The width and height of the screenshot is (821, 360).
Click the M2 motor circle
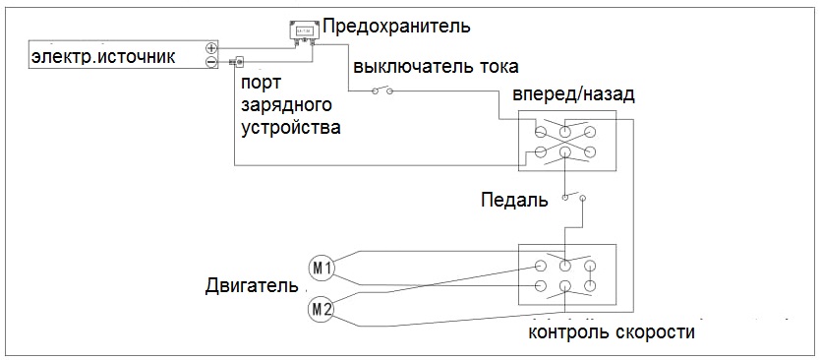[x=321, y=309]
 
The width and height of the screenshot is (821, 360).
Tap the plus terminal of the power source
[x=211, y=48]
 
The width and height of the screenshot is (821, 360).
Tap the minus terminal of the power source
[x=211, y=62]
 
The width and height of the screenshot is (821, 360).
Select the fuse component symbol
[x=303, y=31]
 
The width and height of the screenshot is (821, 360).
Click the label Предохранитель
[x=396, y=26]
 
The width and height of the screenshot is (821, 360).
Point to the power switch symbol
[x=382, y=90]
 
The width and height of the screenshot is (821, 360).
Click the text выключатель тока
[x=436, y=67]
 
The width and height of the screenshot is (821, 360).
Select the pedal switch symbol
[x=572, y=197]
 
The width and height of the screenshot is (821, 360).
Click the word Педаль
[x=514, y=200]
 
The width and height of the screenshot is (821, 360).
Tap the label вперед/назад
[x=573, y=95]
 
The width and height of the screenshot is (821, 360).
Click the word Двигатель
[x=253, y=285]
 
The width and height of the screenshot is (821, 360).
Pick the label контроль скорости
[x=612, y=332]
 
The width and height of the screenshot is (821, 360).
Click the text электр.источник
[x=103, y=57]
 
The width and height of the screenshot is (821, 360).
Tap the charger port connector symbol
[x=237, y=62]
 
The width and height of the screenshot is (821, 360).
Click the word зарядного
[x=287, y=106]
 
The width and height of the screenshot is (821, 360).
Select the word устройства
[x=291, y=127]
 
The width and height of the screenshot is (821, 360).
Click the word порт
[x=261, y=84]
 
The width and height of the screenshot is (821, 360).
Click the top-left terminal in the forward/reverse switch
[x=541, y=131]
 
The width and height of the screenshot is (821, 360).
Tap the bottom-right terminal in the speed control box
[x=590, y=286]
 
